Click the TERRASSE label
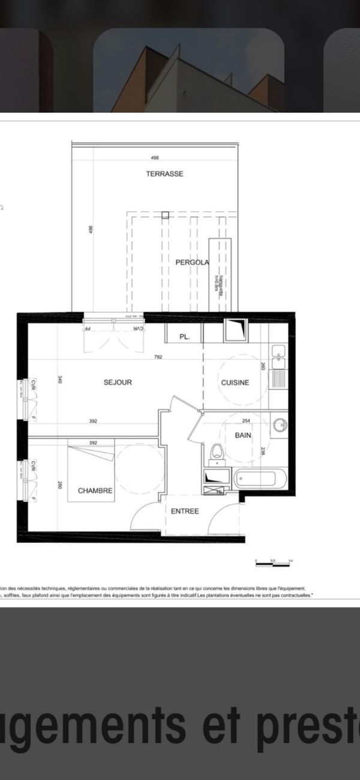[164, 174]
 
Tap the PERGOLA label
[192, 262]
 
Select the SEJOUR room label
[118, 382]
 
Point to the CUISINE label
[235, 383]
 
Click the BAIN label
[243, 435]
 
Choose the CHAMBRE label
[95, 491]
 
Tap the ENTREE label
[185, 511]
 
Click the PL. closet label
[184, 337]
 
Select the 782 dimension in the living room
[158, 357]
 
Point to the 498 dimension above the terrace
[155, 158]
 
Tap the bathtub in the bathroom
[261, 479]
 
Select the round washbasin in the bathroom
[279, 426]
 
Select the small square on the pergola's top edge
[165, 214]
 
